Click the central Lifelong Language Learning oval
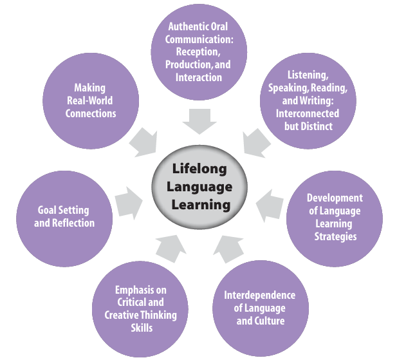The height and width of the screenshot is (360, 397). [x=199, y=186]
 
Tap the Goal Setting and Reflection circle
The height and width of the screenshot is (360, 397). [x=64, y=216]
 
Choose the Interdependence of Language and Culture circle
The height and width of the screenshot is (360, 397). [x=260, y=308]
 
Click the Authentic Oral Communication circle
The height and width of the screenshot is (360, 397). [x=199, y=52]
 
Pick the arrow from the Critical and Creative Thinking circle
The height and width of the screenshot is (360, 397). [x=170, y=248]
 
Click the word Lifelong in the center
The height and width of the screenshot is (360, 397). [x=199, y=169]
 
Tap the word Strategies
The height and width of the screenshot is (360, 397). [x=335, y=236]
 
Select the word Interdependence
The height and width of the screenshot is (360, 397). [x=260, y=295]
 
